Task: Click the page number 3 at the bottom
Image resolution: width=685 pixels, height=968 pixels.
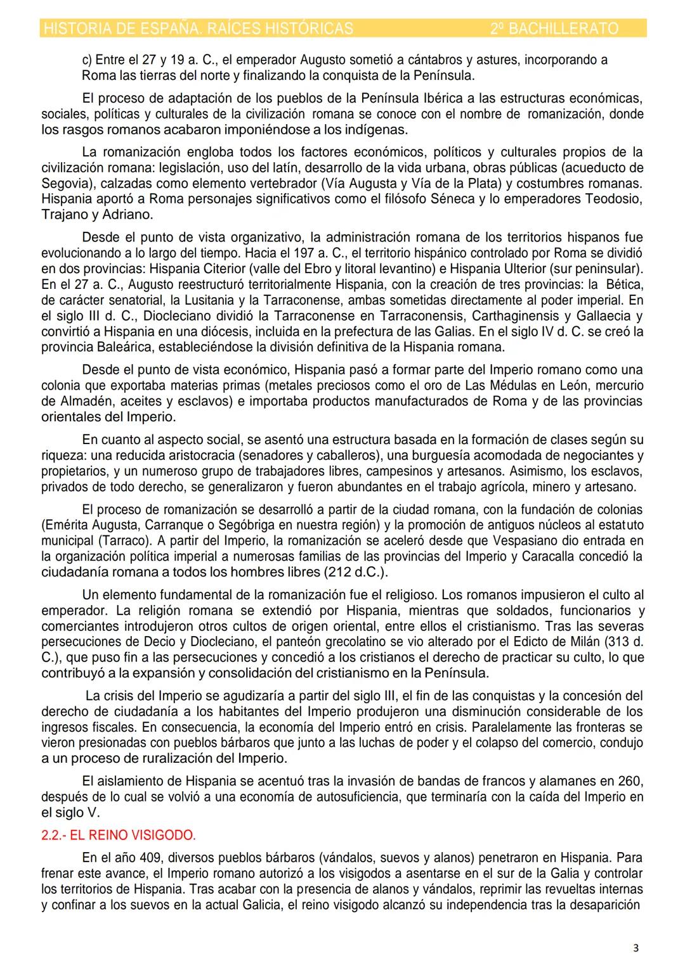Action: coord(636,948)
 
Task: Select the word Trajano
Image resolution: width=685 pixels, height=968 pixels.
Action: coord(63,214)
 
